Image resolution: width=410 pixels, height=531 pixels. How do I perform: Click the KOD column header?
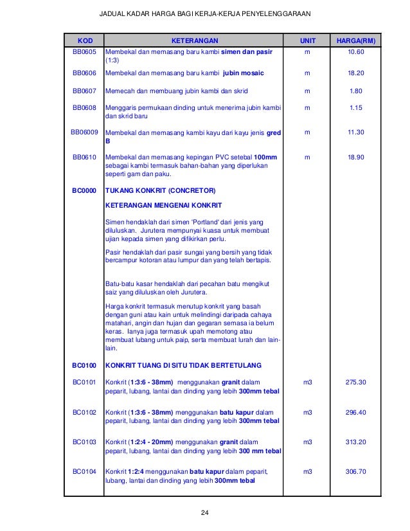pyautogui.click(x=84, y=40)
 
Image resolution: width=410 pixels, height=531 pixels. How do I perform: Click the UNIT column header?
pyautogui.click(x=305, y=40)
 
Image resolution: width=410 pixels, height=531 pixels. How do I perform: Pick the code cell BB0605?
pyautogui.click(x=84, y=51)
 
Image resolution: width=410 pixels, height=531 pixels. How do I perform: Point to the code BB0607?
pyautogui.click(x=84, y=91)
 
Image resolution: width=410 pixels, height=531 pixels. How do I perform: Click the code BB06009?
pyautogui.click(x=84, y=132)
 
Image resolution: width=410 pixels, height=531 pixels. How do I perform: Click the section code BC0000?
pyautogui.click(x=84, y=191)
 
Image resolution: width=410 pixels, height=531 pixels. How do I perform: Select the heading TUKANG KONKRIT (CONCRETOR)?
pyautogui.click(x=161, y=191)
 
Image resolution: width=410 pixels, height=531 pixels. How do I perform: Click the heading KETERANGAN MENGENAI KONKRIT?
pyautogui.click(x=163, y=206)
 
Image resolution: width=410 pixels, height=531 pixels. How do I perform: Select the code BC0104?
pyautogui.click(x=84, y=471)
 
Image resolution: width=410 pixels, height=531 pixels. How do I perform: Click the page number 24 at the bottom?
pyautogui.click(x=205, y=512)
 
